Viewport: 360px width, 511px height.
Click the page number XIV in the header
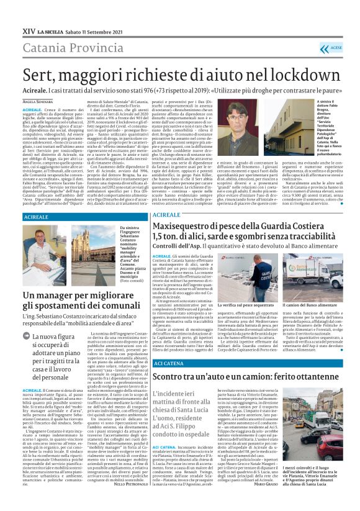[29, 30]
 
